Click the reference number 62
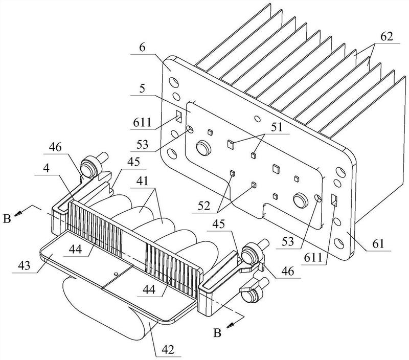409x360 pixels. click(x=387, y=37)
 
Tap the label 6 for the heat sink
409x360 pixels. click(x=142, y=48)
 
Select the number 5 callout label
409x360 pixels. click(x=142, y=88)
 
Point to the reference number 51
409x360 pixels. click(x=277, y=127)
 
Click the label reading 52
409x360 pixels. click(x=204, y=206)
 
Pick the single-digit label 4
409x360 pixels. click(x=46, y=168)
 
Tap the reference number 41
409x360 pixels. click(x=142, y=181)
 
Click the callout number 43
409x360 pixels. click(x=24, y=266)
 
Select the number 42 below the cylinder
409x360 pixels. click(x=168, y=350)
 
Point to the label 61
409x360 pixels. click(x=378, y=244)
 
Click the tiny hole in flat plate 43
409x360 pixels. click(x=116, y=274)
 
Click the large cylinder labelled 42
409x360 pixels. click(x=104, y=308)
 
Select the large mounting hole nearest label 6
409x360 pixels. click(x=173, y=82)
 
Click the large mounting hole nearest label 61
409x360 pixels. click(x=339, y=243)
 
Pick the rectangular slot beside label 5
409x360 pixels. click(x=179, y=117)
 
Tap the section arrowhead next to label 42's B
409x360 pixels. click(x=230, y=325)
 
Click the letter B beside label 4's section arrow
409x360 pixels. click(x=7, y=219)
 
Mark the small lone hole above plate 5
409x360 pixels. click(x=258, y=119)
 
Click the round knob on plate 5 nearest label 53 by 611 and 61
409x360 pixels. click(x=301, y=200)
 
